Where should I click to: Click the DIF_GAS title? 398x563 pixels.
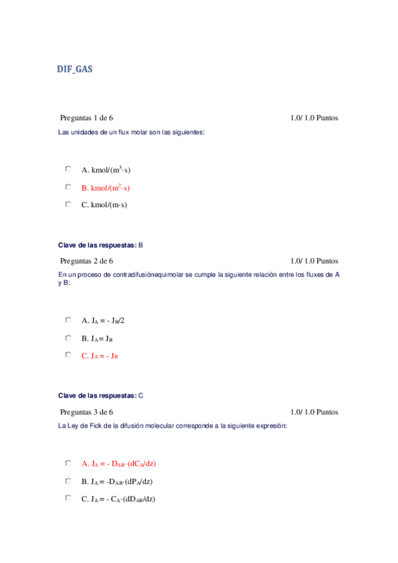(74, 68)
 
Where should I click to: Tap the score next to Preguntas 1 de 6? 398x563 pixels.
(314, 118)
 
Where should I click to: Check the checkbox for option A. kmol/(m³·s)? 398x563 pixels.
(68, 169)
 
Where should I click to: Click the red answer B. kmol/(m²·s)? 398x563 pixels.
(106, 188)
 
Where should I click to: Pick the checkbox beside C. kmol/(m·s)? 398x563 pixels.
(68, 204)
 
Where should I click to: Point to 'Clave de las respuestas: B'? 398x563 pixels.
(100, 245)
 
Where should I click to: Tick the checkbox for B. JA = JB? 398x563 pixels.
(68, 338)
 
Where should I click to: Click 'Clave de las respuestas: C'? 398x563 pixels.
(101, 396)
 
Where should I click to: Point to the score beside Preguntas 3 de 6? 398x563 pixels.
(314, 412)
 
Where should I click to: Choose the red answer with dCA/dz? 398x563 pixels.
(118, 463)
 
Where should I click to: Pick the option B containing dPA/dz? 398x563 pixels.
(118, 481)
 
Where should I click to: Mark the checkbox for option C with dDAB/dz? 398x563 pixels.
(68, 498)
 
